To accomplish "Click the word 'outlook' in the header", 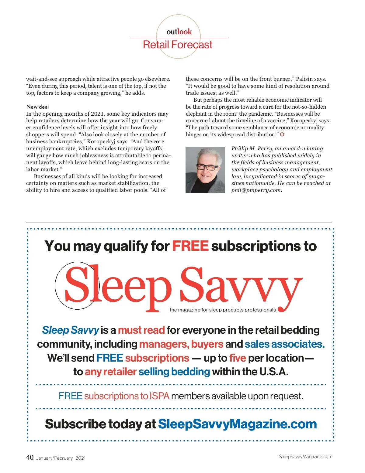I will [x=179, y=32].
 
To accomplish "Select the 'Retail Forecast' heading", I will [x=178, y=45].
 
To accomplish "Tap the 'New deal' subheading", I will [x=37, y=107].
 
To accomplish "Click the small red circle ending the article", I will [x=282, y=134].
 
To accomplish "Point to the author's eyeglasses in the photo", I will [x=207, y=167].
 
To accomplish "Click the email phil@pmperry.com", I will [x=256, y=190].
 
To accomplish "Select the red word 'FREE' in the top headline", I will [x=190, y=246].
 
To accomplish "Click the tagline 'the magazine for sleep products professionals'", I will [x=223, y=310].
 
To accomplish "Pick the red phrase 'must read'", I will [x=141, y=330].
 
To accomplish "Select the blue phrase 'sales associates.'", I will [x=285, y=344].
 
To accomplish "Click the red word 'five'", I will [x=238, y=358].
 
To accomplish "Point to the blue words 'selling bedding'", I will [x=174, y=372].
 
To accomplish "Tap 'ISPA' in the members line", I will [x=159, y=396].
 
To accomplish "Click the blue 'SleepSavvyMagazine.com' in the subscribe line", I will [x=237, y=424].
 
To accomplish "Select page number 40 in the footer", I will [x=30, y=457].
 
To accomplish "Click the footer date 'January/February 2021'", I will [x=61, y=458].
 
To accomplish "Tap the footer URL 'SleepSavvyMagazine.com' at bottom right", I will [x=305, y=457].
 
